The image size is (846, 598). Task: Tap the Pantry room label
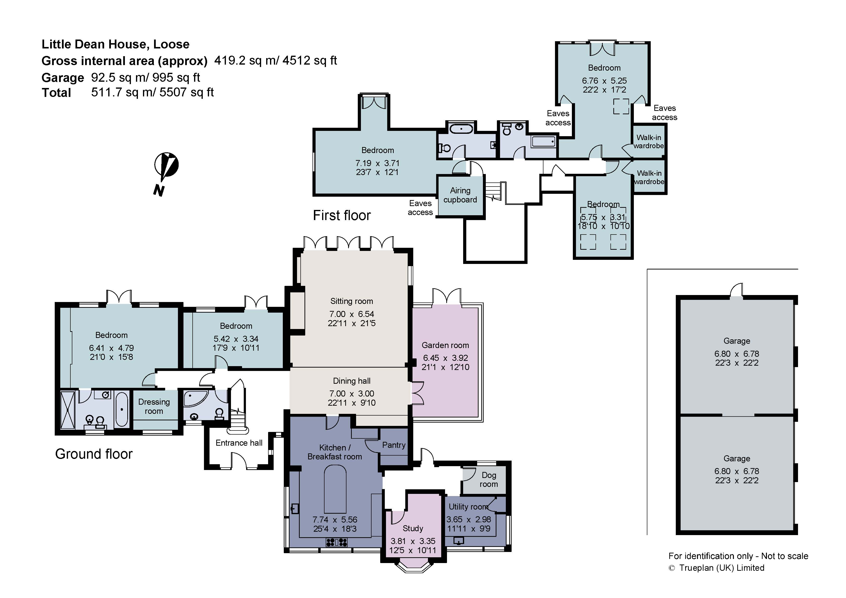(x=393, y=445)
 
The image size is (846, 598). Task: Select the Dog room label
(x=489, y=480)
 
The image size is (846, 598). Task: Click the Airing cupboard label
(x=460, y=195)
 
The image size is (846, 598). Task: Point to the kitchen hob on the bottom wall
(x=336, y=542)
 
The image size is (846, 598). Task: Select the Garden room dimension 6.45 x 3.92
(x=445, y=358)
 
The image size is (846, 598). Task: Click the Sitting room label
(x=352, y=301)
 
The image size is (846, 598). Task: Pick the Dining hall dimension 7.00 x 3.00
(x=352, y=394)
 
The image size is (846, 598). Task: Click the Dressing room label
(x=154, y=406)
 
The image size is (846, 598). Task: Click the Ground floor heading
(x=94, y=454)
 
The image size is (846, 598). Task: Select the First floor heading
(x=342, y=215)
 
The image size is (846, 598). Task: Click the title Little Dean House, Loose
(x=115, y=44)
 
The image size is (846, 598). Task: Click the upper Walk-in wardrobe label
(x=649, y=141)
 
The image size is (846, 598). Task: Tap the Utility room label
(x=468, y=507)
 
